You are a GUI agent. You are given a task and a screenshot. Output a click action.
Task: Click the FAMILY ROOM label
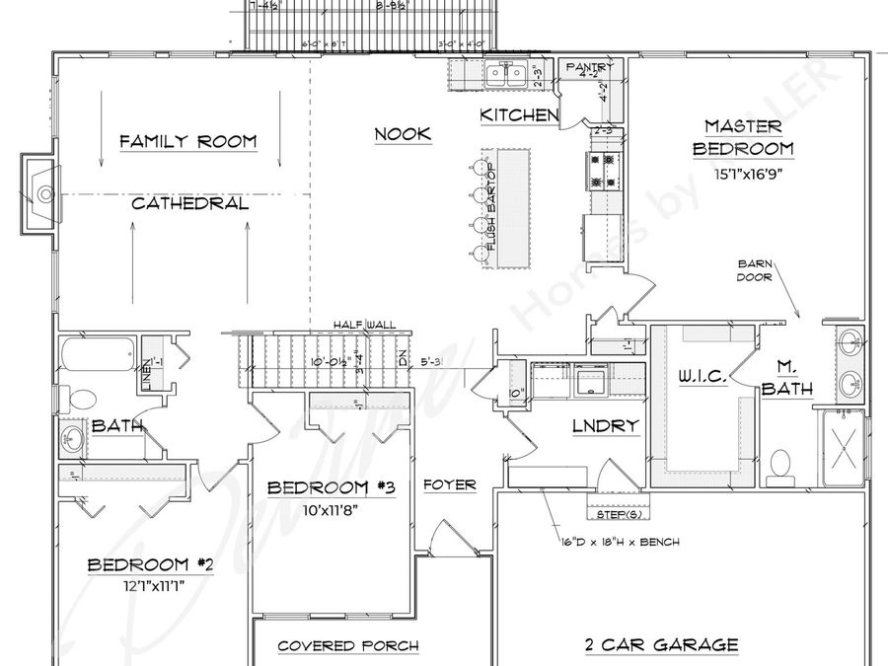click(x=187, y=142)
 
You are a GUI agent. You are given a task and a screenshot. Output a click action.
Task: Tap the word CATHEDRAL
click(x=189, y=204)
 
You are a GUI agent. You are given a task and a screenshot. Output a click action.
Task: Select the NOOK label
click(x=403, y=133)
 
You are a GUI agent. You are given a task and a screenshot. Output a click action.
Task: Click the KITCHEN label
click(x=519, y=116)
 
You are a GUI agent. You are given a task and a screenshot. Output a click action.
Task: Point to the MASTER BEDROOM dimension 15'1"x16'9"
click(x=743, y=173)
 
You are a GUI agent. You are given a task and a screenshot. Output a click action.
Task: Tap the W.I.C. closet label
click(x=702, y=377)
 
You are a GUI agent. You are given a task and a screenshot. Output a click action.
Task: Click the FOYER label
click(x=450, y=485)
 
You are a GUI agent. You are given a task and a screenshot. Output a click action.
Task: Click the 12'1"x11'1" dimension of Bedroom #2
click(x=151, y=584)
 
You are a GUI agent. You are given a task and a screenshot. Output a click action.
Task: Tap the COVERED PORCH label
click(x=347, y=646)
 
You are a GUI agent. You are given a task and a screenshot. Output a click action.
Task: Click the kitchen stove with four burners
click(x=603, y=170)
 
